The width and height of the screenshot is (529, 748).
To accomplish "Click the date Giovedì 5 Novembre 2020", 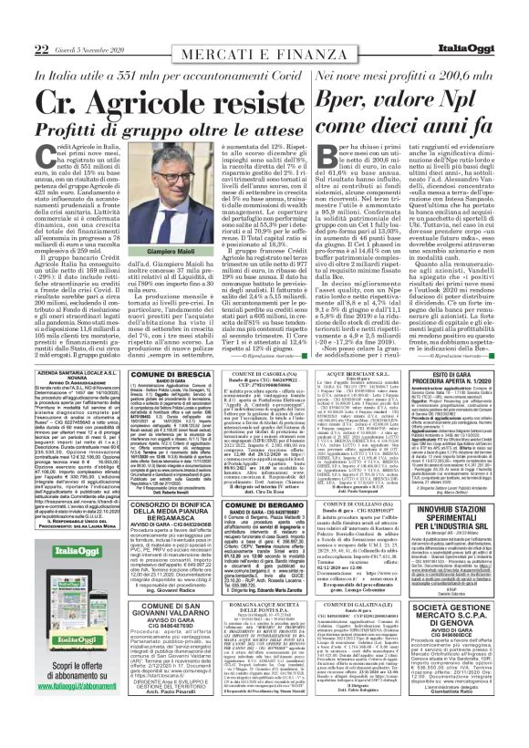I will coord(67,24).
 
